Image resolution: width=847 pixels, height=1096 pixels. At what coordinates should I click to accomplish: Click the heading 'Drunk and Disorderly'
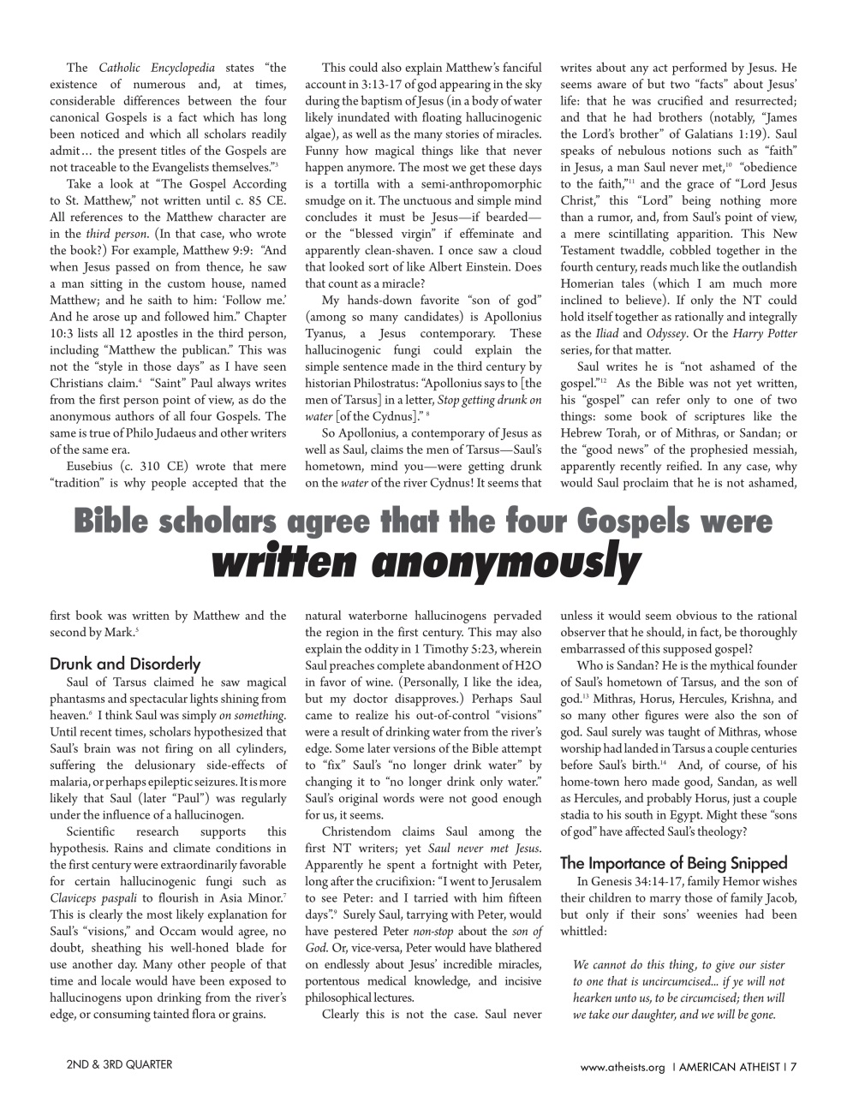point(125,664)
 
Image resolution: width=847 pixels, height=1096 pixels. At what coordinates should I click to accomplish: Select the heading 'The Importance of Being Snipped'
point(673,863)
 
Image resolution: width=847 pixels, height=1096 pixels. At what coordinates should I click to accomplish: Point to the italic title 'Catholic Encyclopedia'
point(157,68)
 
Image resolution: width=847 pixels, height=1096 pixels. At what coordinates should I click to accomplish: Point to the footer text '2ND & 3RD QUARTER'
point(119,1064)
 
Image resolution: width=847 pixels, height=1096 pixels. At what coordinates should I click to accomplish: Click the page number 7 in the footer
point(793,1067)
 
